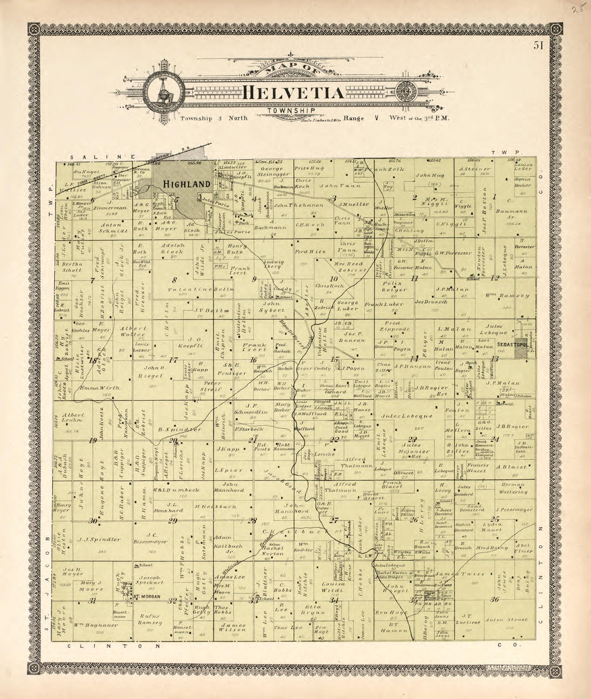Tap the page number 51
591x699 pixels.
click(x=538, y=46)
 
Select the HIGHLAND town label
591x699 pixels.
click(x=186, y=184)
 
